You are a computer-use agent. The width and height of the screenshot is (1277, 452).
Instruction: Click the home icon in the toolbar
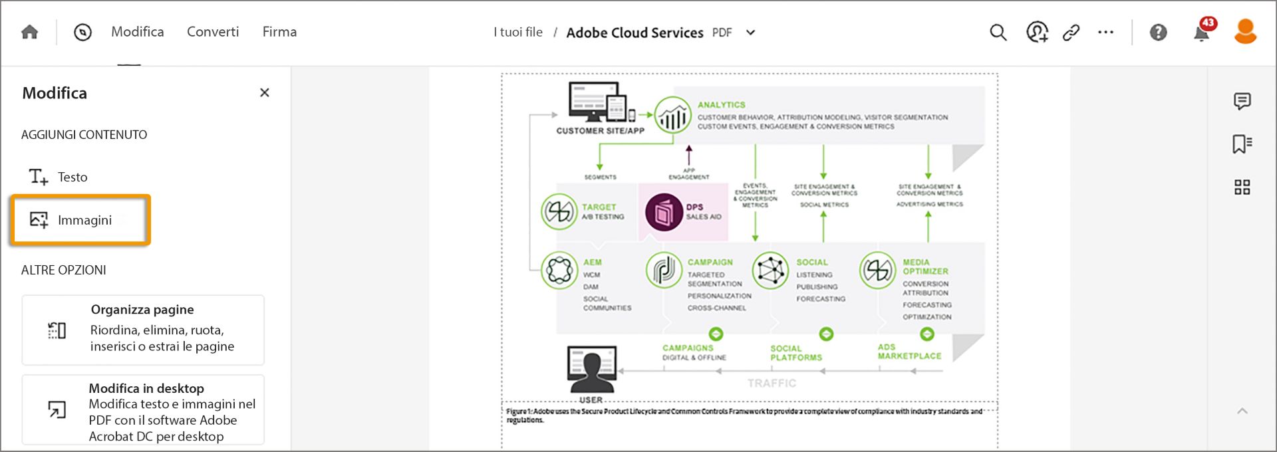click(x=30, y=32)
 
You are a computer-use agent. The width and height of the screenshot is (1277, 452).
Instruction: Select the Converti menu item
click(x=213, y=32)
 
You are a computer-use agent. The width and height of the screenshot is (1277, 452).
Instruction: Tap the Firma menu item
click(x=279, y=32)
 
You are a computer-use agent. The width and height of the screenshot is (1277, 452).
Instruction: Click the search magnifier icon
click(x=998, y=33)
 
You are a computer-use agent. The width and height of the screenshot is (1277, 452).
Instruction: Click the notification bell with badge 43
click(x=1202, y=33)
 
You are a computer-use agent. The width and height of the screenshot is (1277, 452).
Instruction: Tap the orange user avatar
click(x=1245, y=32)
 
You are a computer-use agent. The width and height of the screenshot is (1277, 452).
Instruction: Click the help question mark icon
click(x=1158, y=33)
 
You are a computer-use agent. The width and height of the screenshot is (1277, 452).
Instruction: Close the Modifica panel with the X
click(x=265, y=93)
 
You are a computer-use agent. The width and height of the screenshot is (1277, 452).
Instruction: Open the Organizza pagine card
click(x=143, y=330)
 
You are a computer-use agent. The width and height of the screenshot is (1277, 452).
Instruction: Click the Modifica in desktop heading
click(x=146, y=388)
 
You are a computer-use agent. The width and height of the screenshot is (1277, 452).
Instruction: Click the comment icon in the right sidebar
click(x=1242, y=101)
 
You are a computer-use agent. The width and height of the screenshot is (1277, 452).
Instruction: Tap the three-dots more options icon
click(x=1105, y=33)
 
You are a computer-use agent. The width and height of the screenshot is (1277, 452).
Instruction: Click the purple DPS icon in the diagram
click(x=664, y=212)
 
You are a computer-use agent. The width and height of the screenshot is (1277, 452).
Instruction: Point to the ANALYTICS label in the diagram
click(x=721, y=105)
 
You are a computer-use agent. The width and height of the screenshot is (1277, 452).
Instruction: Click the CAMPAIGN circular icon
click(x=664, y=271)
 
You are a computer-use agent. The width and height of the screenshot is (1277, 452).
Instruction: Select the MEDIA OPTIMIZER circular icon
click(x=877, y=271)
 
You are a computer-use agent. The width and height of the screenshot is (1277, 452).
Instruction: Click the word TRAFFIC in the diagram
click(x=772, y=384)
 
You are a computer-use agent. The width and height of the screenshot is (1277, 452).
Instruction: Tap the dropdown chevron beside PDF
click(x=751, y=33)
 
